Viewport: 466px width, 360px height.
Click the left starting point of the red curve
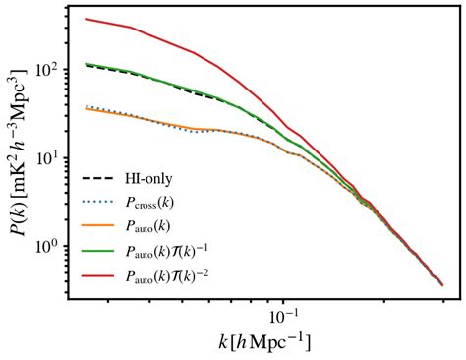(86, 19)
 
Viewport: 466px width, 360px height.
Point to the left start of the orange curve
(86, 108)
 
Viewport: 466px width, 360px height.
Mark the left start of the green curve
(86, 64)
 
